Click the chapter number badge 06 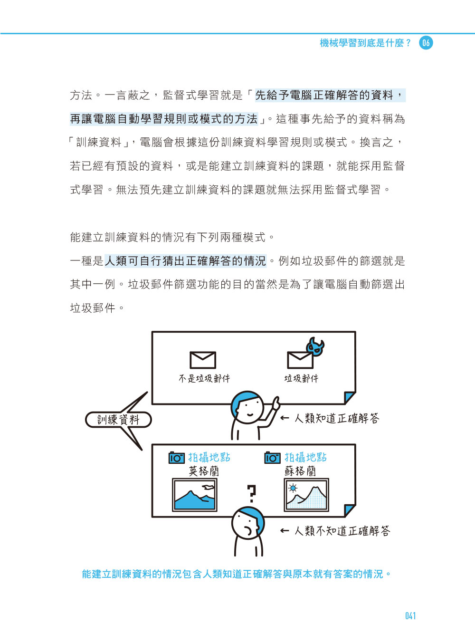pos(426,43)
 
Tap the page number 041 pos(410,616)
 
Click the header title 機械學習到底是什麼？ pos(365,43)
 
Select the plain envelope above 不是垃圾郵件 pos(202,360)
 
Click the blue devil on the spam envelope pos(316,346)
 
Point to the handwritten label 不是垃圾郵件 pos(204,379)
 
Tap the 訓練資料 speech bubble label pos(118,420)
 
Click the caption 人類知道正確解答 pos(337,418)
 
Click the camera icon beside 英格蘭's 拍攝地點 pos(177,458)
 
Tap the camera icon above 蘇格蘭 pos(273,458)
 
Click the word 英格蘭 pos(204,471)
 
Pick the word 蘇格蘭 pos(300,471)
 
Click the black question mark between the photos pos(251,494)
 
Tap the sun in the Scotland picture pos(293,488)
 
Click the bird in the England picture pos(209,487)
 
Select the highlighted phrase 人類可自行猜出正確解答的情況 pos(185,261)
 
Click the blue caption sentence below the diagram pos(237,573)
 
